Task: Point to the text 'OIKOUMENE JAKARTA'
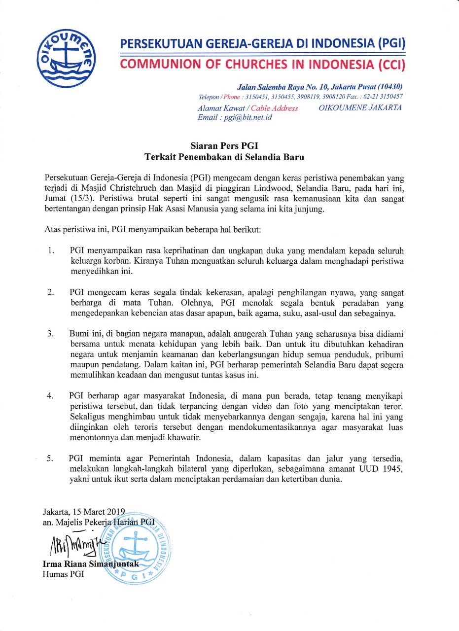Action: pos(360,108)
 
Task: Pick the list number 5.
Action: pos(50,458)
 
